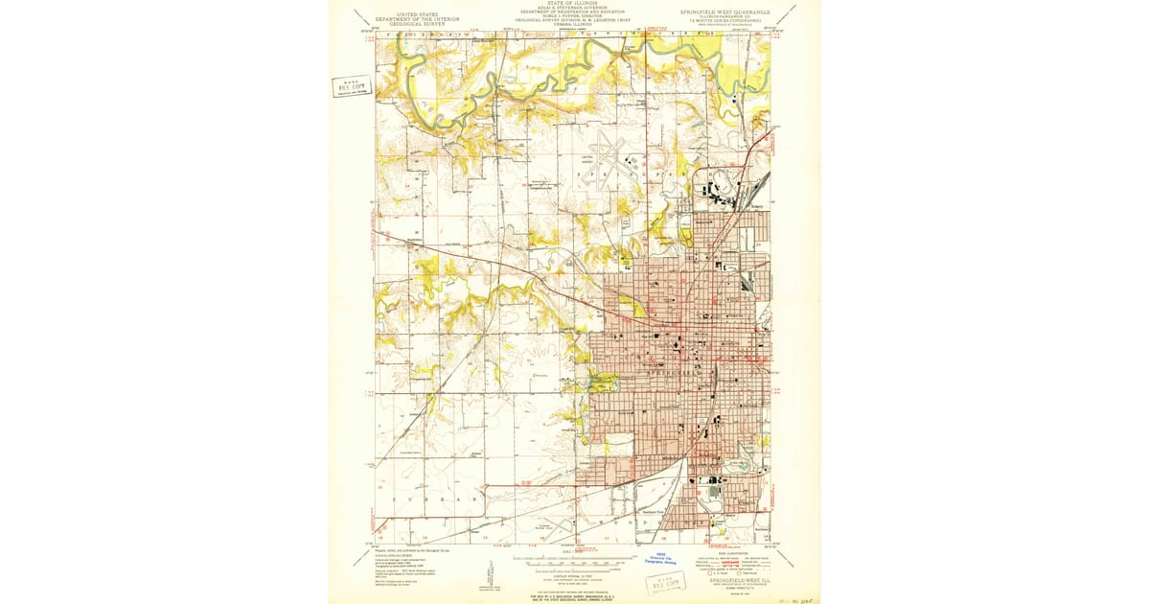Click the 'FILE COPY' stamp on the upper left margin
[x=350, y=86]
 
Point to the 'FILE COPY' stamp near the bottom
[x=665, y=582]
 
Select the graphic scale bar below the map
[x=573, y=558]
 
